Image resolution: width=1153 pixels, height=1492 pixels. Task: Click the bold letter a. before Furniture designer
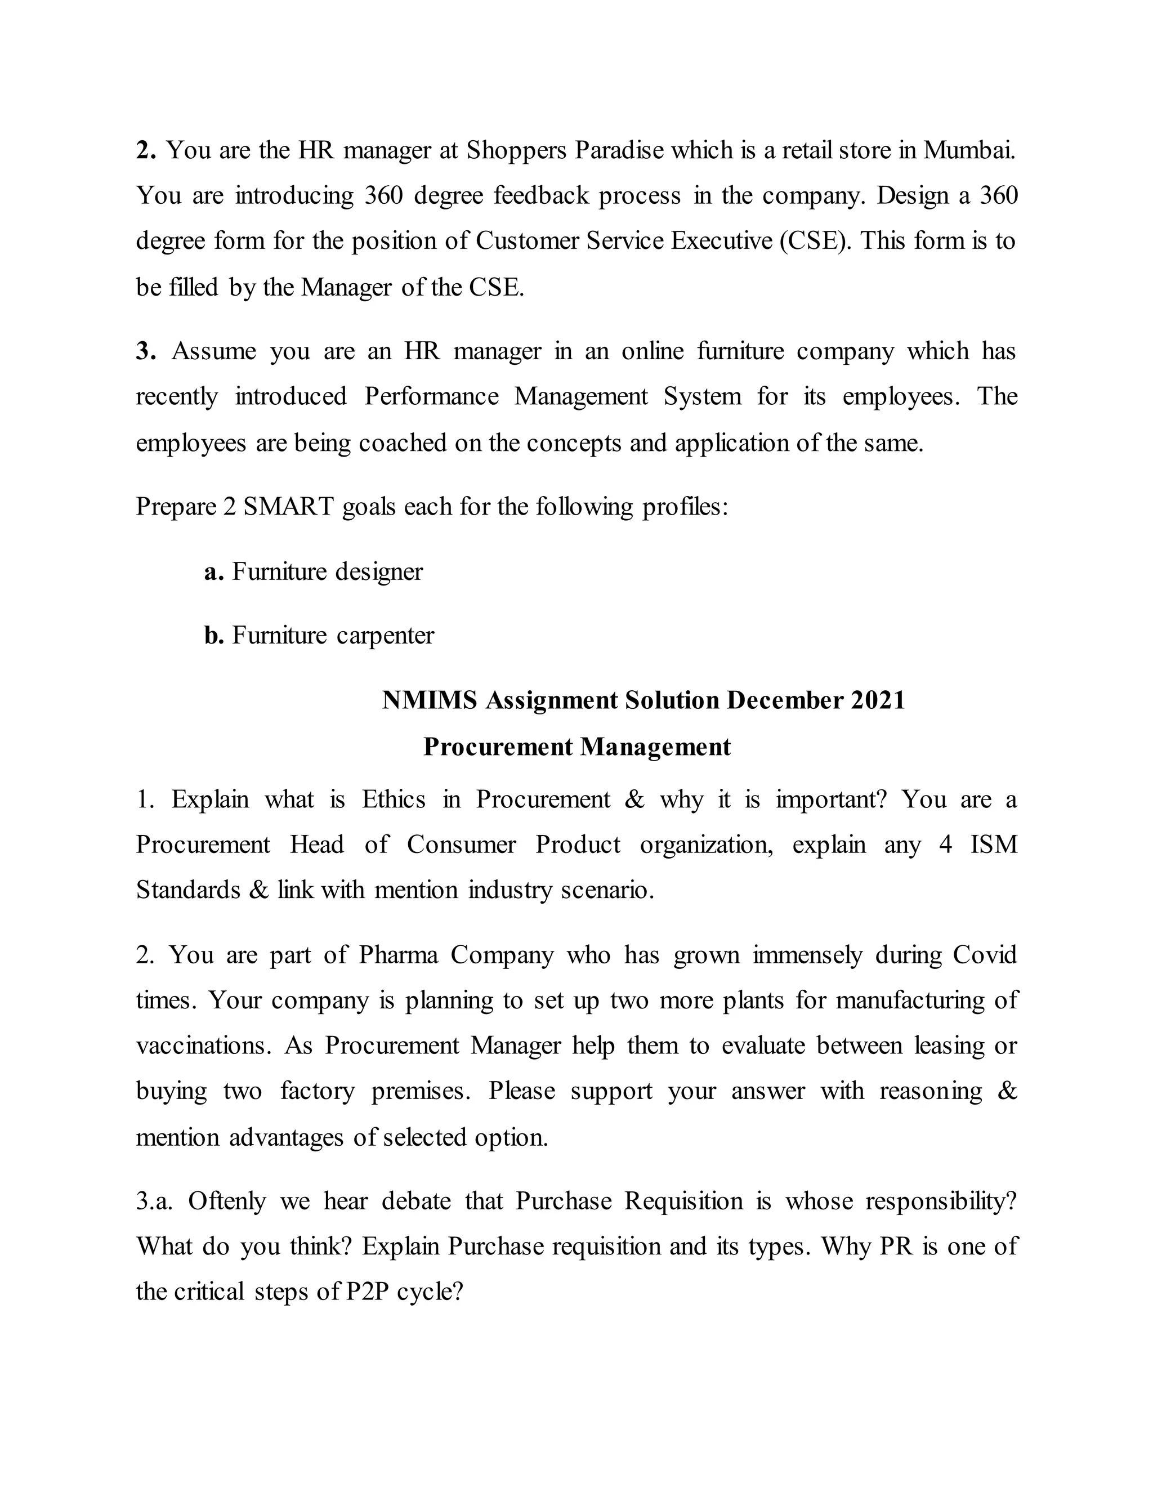click(214, 572)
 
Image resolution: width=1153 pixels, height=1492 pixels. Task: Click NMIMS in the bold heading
click(430, 700)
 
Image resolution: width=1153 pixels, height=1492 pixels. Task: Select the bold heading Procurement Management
click(576, 747)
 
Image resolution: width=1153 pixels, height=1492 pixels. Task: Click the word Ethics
click(394, 799)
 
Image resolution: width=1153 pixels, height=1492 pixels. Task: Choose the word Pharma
click(398, 954)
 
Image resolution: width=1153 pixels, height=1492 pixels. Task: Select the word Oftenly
click(227, 1200)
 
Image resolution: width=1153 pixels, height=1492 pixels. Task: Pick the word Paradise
click(619, 150)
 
